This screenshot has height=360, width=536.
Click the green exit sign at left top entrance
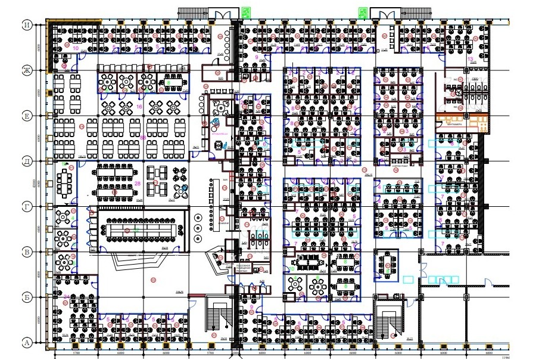(x=245, y=11)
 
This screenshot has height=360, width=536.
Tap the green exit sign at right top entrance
(x=362, y=11)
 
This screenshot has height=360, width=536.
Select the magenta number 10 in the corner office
(x=75, y=47)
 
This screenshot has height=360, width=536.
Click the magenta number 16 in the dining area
(x=139, y=106)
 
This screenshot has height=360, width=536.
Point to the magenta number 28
(x=138, y=183)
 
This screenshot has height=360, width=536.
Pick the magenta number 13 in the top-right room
(x=470, y=60)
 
